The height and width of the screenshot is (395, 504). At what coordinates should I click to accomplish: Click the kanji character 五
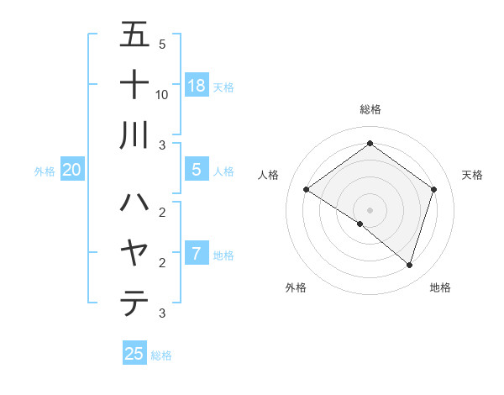point(135,36)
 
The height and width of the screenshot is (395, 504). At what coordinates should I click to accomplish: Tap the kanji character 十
point(135,86)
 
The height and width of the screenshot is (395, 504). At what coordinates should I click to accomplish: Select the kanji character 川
point(135,135)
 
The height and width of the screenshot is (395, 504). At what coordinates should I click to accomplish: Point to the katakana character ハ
point(135,203)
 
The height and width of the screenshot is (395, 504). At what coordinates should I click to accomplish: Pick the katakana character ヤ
point(135,253)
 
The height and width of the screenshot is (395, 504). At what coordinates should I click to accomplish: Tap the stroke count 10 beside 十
point(162,94)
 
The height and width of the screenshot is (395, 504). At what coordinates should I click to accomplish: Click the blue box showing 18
point(197,85)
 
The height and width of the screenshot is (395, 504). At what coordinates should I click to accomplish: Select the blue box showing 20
point(71,170)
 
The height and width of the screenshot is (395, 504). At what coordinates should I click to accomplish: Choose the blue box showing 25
point(134,354)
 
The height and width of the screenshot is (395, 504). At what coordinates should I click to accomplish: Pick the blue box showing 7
point(197,253)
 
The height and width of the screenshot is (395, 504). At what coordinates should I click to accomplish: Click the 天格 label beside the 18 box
point(223,87)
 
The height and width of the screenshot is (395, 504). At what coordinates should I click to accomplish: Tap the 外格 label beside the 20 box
point(45,171)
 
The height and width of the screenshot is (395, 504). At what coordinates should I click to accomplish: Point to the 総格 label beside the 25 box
point(161,355)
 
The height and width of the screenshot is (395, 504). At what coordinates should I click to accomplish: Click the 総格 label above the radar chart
point(370,109)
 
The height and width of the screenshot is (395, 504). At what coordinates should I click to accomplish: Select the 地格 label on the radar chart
point(440,287)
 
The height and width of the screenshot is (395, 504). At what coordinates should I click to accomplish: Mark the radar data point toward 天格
point(434,189)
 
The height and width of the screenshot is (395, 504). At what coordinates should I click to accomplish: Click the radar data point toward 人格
point(306,189)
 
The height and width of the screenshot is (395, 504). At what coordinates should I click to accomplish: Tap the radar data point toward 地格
point(409,265)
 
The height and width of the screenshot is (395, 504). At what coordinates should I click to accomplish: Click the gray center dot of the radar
point(370,209)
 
